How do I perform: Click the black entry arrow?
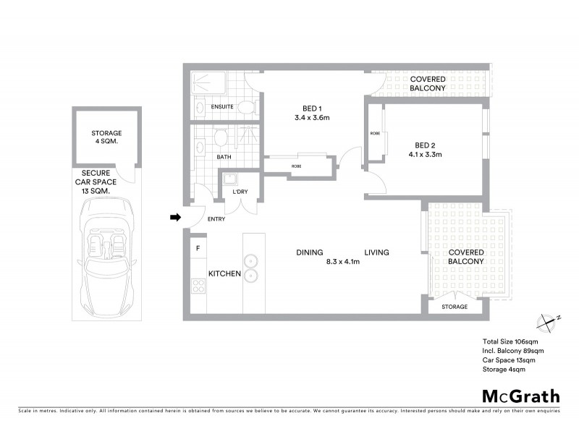(174, 216)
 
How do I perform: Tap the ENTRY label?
(216, 219)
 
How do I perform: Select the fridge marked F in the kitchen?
(198, 248)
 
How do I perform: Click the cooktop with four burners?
(198, 286)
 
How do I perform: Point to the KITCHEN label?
(224, 274)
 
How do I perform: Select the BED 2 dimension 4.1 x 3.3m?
(425, 154)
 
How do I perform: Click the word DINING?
(309, 252)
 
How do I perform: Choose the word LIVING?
(376, 252)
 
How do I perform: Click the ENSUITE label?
(221, 107)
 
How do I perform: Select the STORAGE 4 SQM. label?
(106, 138)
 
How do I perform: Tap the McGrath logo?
(520, 396)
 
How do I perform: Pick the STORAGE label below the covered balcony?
(455, 307)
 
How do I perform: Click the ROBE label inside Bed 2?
(375, 134)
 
